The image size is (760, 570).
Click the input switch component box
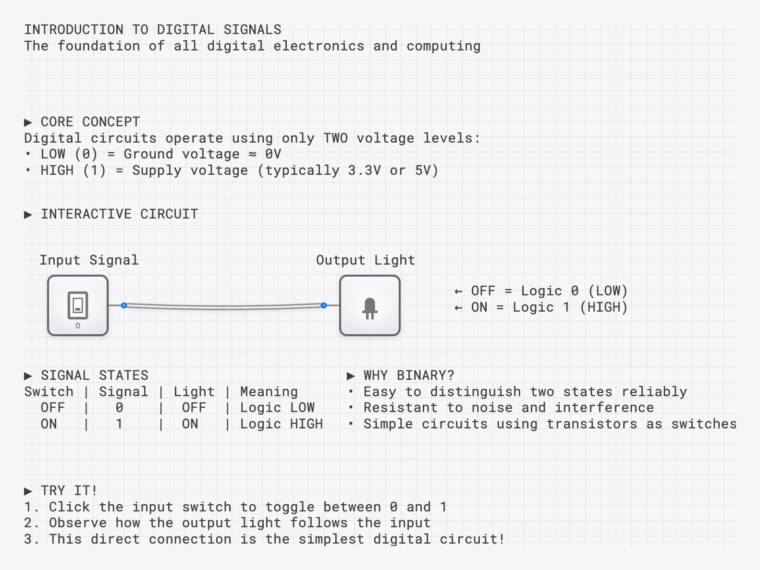78,305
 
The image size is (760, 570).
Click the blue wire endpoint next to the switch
124,305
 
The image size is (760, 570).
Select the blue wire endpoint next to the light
324,305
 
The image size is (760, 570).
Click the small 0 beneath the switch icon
78,326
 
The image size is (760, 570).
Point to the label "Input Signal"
89,260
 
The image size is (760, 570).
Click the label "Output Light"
365,260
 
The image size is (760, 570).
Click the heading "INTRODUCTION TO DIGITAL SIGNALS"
153,30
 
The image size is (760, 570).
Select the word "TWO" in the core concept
335,138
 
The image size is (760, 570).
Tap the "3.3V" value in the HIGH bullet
365,170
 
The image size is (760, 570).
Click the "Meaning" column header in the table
269,392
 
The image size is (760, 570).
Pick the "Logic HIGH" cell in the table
282,424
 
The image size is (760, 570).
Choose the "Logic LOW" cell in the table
277,408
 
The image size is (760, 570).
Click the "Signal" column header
123,392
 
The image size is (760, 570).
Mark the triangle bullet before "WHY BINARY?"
351,376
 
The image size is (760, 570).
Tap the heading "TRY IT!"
69,491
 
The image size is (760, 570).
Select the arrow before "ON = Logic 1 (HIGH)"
458,308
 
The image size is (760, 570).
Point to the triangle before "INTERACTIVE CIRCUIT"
28,215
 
